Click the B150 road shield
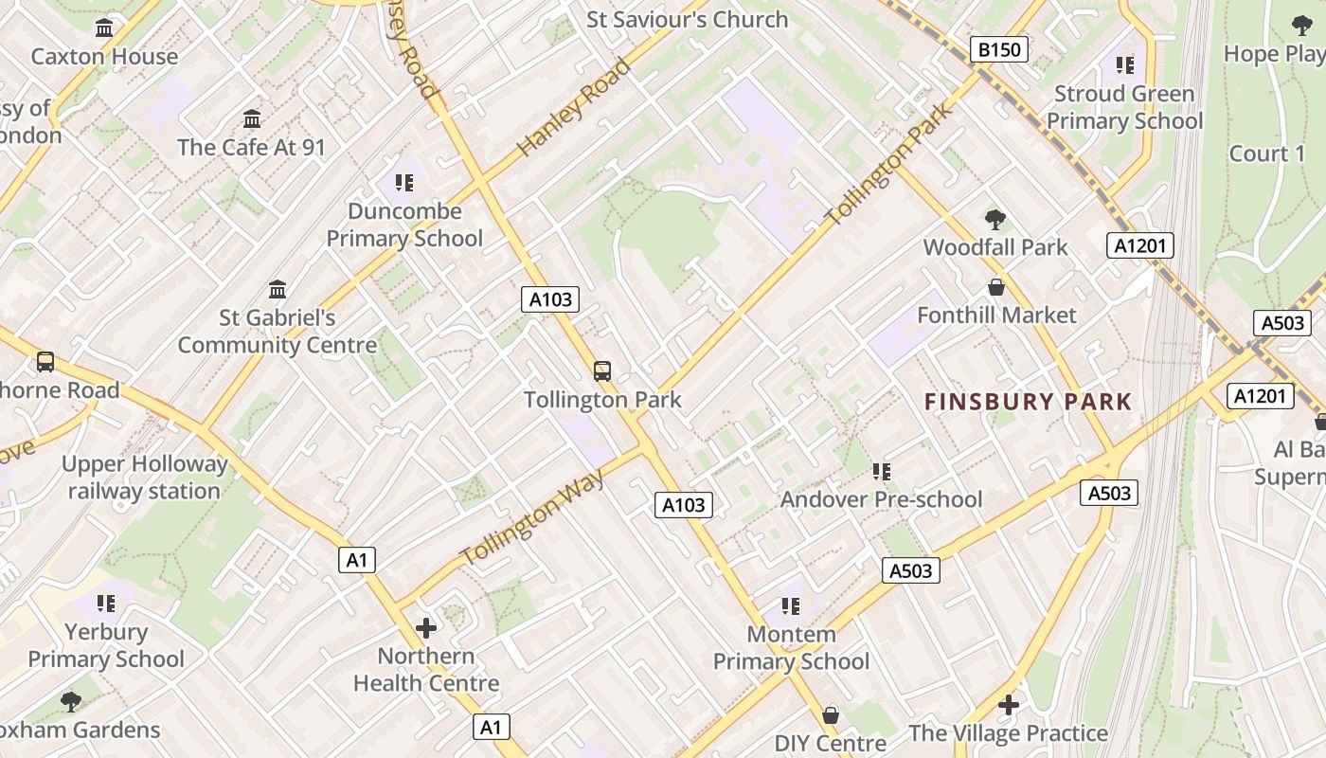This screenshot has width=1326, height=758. point(999,49)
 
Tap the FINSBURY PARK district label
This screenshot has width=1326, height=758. point(1029,402)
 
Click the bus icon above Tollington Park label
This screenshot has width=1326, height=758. point(602,370)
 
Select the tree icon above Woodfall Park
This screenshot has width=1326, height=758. point(994,220)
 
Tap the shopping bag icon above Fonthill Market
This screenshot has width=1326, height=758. point(995,286)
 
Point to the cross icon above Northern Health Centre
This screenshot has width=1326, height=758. point(426,627)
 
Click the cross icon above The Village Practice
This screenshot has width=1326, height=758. point(1009,705)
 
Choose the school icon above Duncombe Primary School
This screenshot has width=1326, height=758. point(404,182)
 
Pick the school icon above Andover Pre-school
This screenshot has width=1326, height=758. point(881,471)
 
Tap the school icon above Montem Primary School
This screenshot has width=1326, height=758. point(791,605)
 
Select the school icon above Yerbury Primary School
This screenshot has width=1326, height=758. point(105,603)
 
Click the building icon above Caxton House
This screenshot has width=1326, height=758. point(104,28)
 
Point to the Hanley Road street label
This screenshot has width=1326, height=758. point(574,106)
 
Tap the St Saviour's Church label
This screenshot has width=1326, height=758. point(687,19)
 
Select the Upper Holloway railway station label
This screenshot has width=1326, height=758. point(145,478)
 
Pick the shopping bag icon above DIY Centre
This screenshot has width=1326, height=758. point(831,714)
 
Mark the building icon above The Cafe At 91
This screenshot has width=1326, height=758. point(251,119)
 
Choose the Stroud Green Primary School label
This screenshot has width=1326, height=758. point(1124,107)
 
